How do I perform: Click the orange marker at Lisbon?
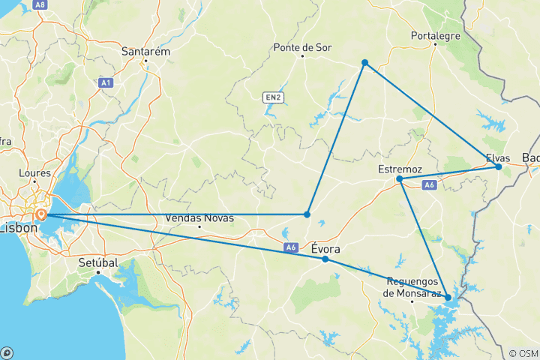(x=41, y=214)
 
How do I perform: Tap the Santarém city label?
(x=146, y=52)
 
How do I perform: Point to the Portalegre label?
(x=434, y=34)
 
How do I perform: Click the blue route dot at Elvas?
(x=498, y=166)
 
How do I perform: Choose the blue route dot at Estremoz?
(x=399, y=179)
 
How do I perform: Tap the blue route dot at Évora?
(x=325, y=259)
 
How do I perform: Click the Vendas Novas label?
(x=199, y=218)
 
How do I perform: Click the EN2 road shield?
(x=272, y=97)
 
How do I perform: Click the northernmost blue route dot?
(x=364, y=63)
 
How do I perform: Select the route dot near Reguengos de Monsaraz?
(x=448, y=298)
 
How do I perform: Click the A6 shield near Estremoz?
(x=430, y=184)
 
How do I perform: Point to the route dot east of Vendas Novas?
(x=307, y=214)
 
